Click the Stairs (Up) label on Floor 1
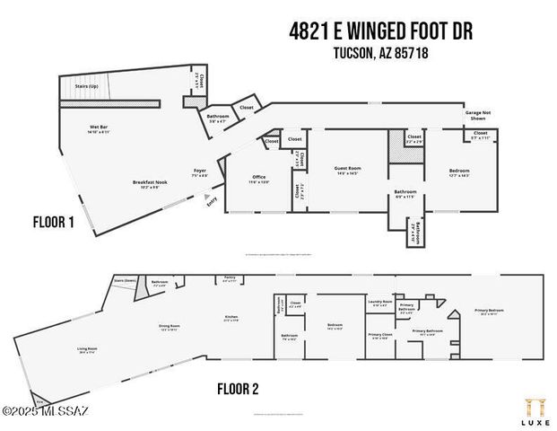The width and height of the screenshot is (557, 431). click(x=87, y=86)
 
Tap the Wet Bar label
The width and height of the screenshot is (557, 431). click(x=87, y=128)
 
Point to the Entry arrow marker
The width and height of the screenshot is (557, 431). click(x=209, y=199)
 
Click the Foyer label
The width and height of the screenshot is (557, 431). click(x=201, y=172)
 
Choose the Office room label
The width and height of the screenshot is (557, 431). click(x=259, y=179)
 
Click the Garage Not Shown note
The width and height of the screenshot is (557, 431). click(x=476, y=115)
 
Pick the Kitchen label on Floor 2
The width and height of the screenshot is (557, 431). click(x=231, y=319)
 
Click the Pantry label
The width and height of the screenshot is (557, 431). click(x=229, y=279)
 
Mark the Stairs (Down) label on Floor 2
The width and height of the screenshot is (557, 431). click(x=125, y=280)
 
